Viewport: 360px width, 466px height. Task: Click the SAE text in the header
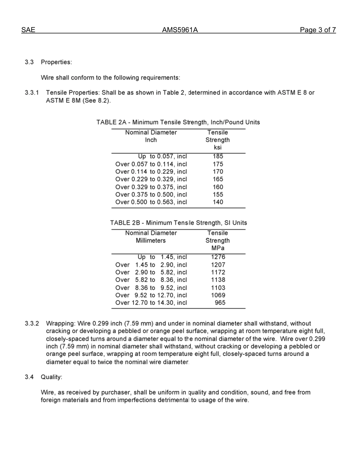(x=28, y=30)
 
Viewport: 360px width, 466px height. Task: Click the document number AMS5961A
(x=180, y=30)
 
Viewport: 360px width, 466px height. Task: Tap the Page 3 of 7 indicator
(x=318, y=30)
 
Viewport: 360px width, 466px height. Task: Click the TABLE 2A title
(x=178, y=122)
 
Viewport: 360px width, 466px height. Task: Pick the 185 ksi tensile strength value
(x=218, y=156)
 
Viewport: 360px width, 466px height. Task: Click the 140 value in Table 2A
(x=218, y=202)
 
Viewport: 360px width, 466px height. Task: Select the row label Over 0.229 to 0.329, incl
(x=151, y=179)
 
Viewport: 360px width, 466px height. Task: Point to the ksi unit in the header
(x=218, y=147)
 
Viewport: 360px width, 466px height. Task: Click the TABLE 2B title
(x=178, y=223)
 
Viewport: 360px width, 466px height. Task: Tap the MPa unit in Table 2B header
(x=218, y=248)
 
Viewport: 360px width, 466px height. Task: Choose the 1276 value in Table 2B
(x=218, y=257)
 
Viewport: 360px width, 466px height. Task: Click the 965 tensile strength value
(x=220, y=303)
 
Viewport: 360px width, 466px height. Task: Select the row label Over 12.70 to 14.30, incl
(x=151, y=303)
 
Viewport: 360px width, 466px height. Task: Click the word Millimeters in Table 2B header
(x=151, y=241)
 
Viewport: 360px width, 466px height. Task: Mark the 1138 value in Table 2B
(x=218, y=280)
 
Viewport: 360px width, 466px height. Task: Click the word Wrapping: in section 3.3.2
(x=60, y=324)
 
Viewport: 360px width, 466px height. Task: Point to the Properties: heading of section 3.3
(x=56, y=62)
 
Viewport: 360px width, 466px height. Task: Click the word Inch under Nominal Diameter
(x=151, y=140)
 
